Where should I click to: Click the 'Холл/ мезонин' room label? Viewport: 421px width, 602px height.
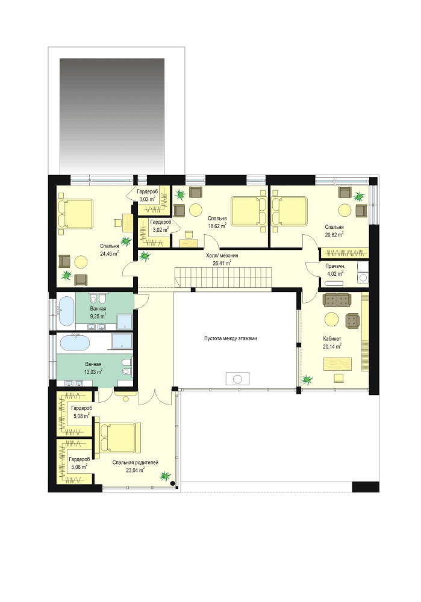pyautogui.click(x=222, y=255)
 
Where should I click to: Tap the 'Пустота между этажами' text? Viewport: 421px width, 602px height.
pyautogui.click(x=231, y=338)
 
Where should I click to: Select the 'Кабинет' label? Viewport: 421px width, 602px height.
pyautogui.click(x=332, y=338)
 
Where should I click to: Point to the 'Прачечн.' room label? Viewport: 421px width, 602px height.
pyautogui.click(x=335, y=266)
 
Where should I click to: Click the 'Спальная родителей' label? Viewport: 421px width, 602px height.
pyautogui.click(x=135, y=462)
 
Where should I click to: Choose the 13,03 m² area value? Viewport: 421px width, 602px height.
pyautogui.click(x=93, y=371)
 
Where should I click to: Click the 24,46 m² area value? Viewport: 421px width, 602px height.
pyautogui.click(x=110, y=253)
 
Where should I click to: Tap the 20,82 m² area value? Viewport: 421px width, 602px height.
pyautogui.click(x=334, y=235)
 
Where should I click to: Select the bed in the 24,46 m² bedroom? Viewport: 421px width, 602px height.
pyautogui.click(x=75, y=214)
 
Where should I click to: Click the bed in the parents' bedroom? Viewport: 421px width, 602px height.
pyautogui.click(x=120, y=438)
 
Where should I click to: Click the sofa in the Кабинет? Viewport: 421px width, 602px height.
pyautogui.click(x=337, y=300)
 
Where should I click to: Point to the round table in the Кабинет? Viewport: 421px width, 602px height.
pyautogui.click(x=331, y=319)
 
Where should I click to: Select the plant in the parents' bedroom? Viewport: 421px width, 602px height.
pyautogui.click(x=165, y=476)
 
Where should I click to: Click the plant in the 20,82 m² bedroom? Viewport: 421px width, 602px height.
pyautogui.click(x=360, y=197)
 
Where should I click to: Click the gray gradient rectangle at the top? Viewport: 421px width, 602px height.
pyautogui.click(x=112, y=116)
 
